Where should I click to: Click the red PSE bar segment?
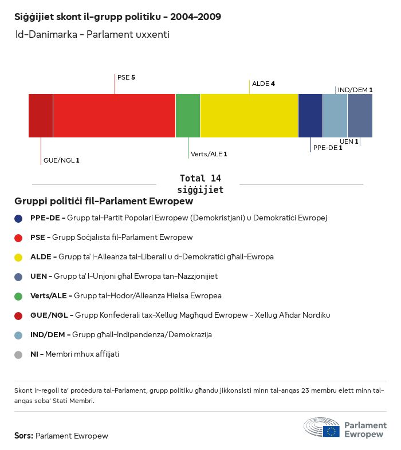114,116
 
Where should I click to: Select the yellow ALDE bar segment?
249,116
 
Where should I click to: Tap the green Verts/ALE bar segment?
188,116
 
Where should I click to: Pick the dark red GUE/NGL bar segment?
41,116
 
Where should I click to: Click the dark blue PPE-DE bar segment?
310,116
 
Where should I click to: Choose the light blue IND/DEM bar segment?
335,116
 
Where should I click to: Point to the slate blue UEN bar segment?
360,116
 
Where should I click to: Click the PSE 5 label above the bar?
126,77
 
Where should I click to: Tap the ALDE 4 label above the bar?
264,84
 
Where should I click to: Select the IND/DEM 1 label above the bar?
355,90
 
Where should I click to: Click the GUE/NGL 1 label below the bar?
61,160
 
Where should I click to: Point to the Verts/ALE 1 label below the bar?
209,154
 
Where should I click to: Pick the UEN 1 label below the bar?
349,141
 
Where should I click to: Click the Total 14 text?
200,178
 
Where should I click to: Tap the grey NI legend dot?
19,354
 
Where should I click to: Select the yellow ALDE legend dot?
19,257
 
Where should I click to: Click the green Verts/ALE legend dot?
19,296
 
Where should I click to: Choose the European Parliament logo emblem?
321,428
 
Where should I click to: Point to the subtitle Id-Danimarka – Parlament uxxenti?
92,35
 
